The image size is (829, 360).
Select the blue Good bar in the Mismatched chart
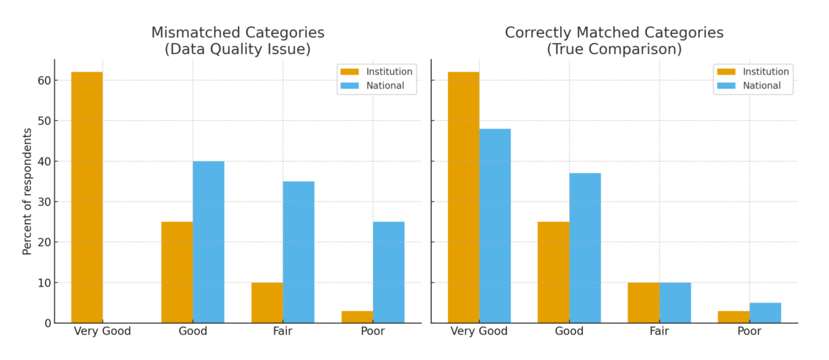(208, 242)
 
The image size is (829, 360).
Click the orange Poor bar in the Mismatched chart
(357, 317)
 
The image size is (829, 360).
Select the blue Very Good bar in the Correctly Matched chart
(495, 226)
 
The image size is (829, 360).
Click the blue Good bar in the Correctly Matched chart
(585, 248)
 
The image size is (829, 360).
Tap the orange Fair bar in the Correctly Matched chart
(644, 302)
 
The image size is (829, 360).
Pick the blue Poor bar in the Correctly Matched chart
(765, 313)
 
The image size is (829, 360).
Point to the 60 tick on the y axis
(44, 81)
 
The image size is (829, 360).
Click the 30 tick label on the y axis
(44, 202)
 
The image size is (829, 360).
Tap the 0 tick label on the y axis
(48, 323)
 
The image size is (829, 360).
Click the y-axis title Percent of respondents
(27, 191)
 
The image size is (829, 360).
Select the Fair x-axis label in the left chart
(283, 331)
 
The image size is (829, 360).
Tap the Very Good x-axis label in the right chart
(479, 331)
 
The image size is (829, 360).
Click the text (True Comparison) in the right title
(614, 49)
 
